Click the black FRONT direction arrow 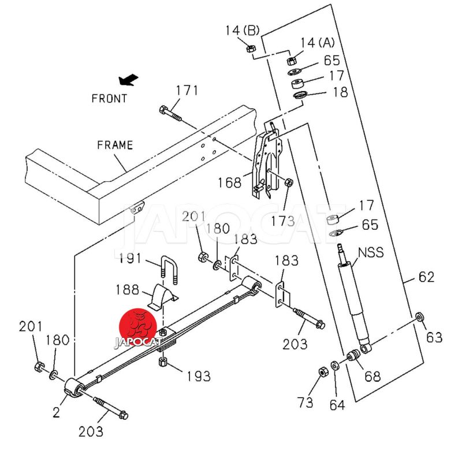point(128,80)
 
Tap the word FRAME point(115,145)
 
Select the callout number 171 point(187,90)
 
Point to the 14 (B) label point(243,29)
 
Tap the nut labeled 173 point(289,183)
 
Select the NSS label point(371,252)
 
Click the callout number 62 point(426,277)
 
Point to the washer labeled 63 point(420,316)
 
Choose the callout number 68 point(372,377)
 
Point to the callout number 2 point(56,412)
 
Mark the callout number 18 point(340,92)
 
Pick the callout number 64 point(337,404)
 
